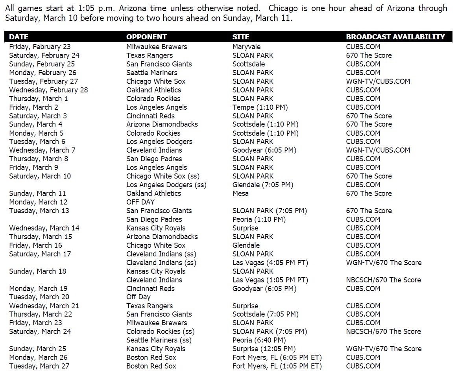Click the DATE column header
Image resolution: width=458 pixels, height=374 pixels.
pos(19,37)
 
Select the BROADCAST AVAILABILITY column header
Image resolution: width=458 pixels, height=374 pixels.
pos(395,37)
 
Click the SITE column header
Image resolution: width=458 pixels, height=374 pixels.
pos(241,37)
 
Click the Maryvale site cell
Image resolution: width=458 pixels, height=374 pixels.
pos(246,47)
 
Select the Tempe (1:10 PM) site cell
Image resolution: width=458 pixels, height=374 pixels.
pos(260,107)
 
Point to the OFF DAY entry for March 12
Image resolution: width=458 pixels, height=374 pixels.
pos(140,202)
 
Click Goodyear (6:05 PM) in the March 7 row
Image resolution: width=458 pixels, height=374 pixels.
pos(264,150)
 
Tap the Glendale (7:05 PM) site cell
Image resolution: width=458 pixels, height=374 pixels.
pos(263,185)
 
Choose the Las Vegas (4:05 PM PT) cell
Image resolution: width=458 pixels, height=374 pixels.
pos(270,263)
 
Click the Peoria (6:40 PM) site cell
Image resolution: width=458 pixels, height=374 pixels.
pos(259,340)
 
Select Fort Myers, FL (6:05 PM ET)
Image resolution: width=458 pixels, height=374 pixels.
pos(277,357)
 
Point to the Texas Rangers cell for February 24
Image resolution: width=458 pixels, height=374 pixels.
pos(150,55)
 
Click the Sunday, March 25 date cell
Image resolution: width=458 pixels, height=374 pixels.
pos(38,349)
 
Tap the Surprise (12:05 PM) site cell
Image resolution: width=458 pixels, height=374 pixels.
pos(264,349)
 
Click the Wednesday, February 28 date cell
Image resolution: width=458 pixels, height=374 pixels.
pos(48,90)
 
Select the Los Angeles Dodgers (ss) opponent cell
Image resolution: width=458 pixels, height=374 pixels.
pos(166,185)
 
